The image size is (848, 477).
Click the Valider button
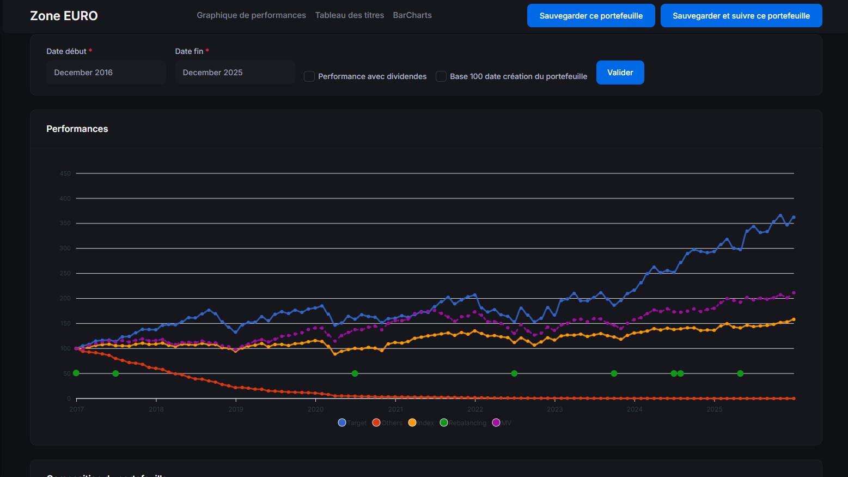point(620,73)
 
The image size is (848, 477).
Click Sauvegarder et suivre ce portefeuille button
point(741,16)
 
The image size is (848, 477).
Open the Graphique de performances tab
point(251,15)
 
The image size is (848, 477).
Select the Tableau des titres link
point(349,15)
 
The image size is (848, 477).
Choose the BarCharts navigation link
point(412,15)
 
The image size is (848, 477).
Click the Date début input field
point(106,73)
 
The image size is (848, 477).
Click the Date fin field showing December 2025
point(235,73)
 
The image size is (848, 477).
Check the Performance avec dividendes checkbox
point(309,76)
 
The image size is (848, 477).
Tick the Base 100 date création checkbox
point(441,76)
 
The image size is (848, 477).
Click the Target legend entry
point(352,423)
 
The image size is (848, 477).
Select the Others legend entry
point(387,423)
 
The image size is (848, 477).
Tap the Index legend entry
point(421,423)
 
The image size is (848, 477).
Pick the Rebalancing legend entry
point(463,423)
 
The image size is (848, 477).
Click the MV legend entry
point(502,423)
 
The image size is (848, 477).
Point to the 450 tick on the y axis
point(65,173)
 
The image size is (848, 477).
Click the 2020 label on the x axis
point(315,409)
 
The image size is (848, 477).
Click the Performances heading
point(77,129)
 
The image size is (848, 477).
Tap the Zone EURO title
point(64,16)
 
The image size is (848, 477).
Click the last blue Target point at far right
point(794,218)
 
